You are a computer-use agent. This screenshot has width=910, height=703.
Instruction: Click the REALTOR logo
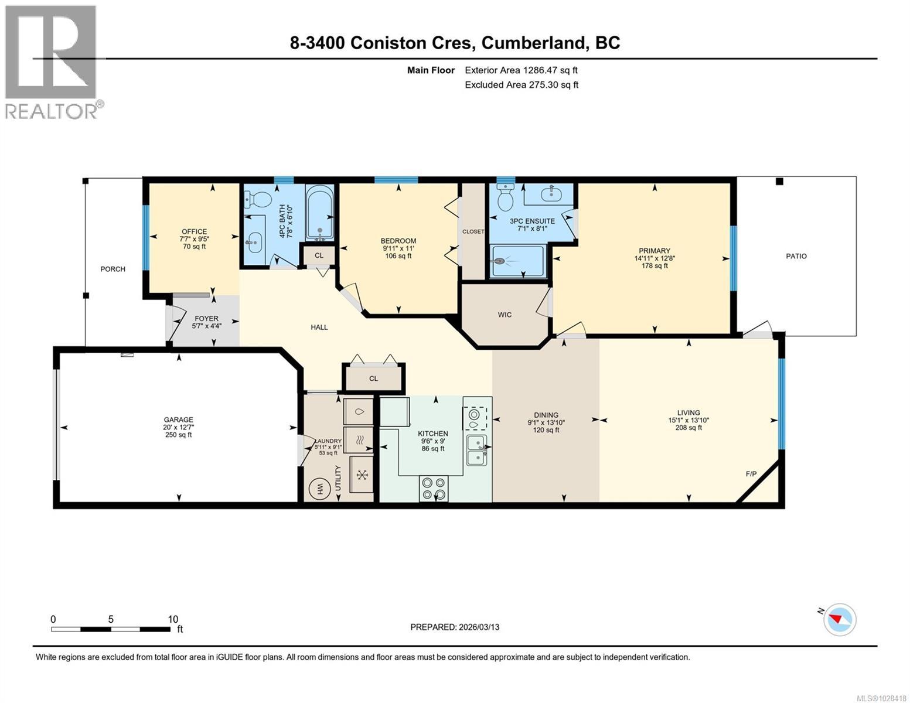[x=52, y=62]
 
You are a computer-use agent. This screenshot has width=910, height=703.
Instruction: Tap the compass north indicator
[x=840, y=619]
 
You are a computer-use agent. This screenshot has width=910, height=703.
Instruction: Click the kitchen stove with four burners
[x=434, y=489]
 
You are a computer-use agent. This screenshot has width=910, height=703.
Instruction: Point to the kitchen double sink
[x=476, y=450]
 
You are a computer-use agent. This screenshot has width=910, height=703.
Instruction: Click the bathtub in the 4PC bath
[x=319, y=212]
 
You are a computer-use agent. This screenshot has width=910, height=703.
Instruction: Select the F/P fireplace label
[x=751, y=474]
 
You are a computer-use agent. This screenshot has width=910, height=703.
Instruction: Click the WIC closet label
[x=505, y=315]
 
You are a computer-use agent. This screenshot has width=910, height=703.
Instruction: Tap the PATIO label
[x=796, y=256]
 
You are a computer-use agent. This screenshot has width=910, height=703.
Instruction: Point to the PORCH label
[x=113, y=269]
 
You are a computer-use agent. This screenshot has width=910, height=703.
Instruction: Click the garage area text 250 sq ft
[x=178, y=435]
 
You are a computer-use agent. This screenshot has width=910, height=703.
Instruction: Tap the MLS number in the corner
[x=881, y=697]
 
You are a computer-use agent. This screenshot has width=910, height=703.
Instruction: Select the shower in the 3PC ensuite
[x=518, y=261]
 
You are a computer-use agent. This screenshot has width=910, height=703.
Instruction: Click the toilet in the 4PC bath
[x=257, y=199]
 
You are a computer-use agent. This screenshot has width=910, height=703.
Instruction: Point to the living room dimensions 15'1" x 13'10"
[x=689, y=420]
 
